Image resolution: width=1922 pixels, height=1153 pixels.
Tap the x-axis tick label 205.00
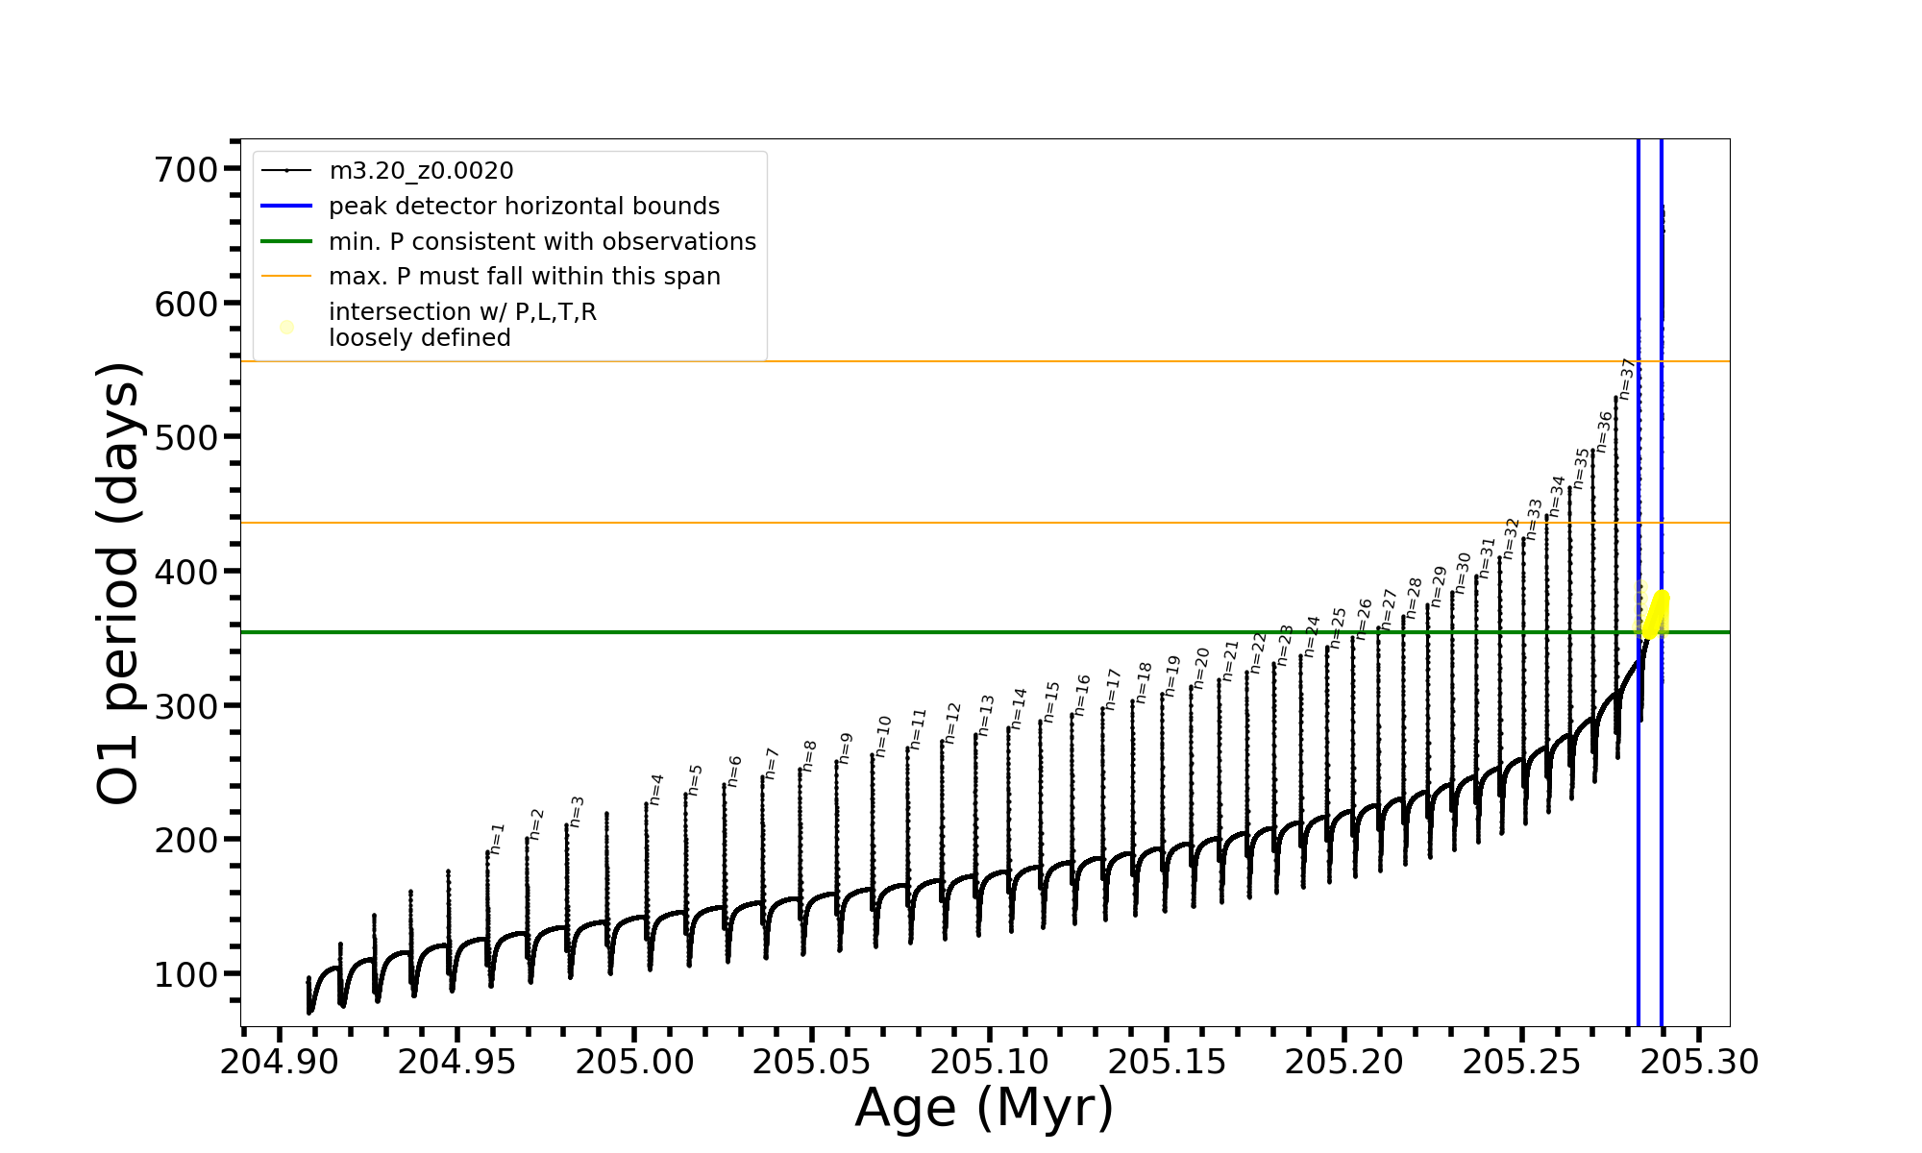click(x=633, y=1062)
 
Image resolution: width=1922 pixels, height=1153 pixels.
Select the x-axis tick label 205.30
click(x=1699, y=1062)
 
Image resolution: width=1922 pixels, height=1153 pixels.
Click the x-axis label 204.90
click(x=279, y=1062)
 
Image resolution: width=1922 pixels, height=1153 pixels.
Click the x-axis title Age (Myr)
click(x=984, y=1108)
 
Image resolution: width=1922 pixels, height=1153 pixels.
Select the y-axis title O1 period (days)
click(x=119, y=583)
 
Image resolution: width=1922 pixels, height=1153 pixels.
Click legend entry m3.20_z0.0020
click(x=421, y=171)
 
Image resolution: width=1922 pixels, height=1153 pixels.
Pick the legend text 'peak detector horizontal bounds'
click(x=524, y=207)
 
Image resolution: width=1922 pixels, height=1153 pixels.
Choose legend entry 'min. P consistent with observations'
click(x=542, y=242)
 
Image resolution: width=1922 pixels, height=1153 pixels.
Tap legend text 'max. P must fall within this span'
click(x=524, y=277)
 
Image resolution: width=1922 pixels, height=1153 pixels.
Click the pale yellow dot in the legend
click(x=286, y=328)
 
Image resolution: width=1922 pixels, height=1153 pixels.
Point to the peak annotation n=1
click(x=497, y=838)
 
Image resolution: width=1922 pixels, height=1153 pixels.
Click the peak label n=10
click(x=883, y=736)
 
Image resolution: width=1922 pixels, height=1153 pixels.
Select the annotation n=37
click(x=1626, y=379)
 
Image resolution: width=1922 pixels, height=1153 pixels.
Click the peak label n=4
click(x=656, y=789)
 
